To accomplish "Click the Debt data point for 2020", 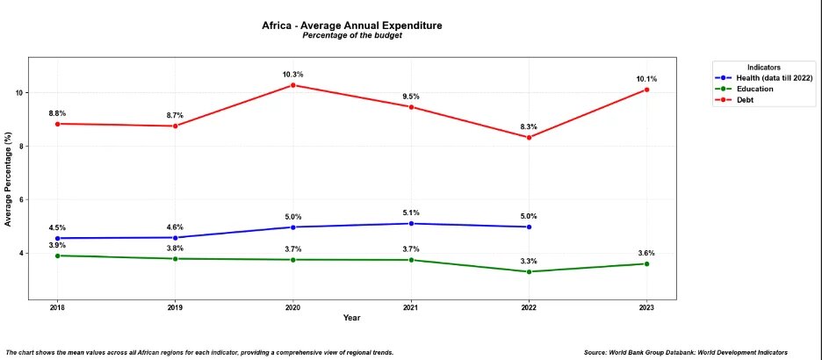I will (x=292, y=85).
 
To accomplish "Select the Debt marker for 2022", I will (x=529, y=137).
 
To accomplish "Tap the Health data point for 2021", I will (x=411, y=224).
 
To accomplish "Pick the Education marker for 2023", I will (x=646, y=263).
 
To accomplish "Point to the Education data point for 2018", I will (x=57, y=256).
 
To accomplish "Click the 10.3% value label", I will (x=292, y=75).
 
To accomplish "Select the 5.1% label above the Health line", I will (x=411, y=212).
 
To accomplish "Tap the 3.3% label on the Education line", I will (x=529, y=261).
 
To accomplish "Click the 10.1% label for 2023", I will (x=646, y=79).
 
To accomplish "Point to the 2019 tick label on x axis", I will (x=175, y=307).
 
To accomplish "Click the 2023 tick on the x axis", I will (x=646, y=307).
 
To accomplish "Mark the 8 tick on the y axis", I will (x=20, y=146).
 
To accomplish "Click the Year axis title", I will (x=351, y=318).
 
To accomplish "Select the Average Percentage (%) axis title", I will (x=8, y=180).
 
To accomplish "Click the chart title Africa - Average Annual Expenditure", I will (x=352, y=25).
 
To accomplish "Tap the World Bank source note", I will (x=697, y=352).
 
